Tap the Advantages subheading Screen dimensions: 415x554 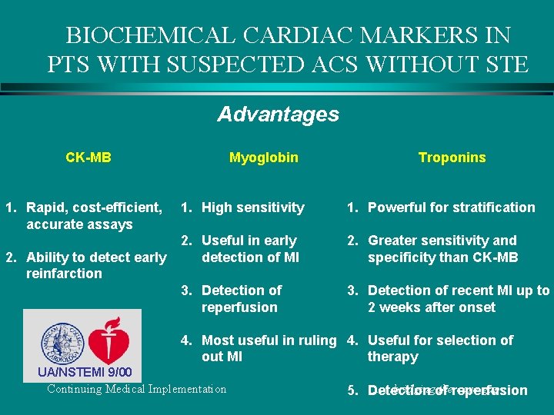(278, 115)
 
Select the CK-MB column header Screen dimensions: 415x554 (88, 158)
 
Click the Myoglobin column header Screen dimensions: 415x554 (264, 158)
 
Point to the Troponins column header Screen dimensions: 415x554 (452, 158)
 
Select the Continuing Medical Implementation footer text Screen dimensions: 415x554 (137, 389)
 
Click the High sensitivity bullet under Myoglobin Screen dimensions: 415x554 (252, 207)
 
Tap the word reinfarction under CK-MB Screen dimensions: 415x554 (64, 274)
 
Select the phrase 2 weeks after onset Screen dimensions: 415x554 (431, 307)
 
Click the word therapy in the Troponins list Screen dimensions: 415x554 (392, 357)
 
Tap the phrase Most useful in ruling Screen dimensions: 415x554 (269, 340)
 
